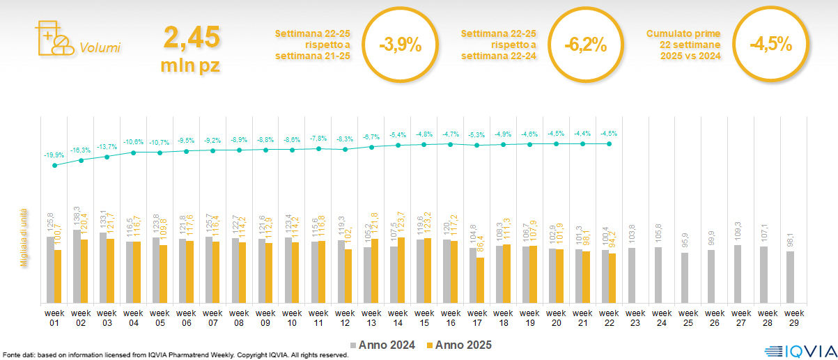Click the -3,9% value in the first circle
pos(401,46)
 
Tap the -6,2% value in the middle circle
pos(585,46)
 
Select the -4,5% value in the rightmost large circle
pos(770,46)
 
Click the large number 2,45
pos(192,37)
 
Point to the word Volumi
pos(100,48)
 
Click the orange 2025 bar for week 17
pos(479,280)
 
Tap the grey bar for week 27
pos(738,274)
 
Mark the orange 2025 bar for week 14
pos(401,270)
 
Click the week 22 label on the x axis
pos(609,318)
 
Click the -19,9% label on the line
pos(54,155)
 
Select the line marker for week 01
pos(54,166)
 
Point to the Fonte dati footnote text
pos(174,355)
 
